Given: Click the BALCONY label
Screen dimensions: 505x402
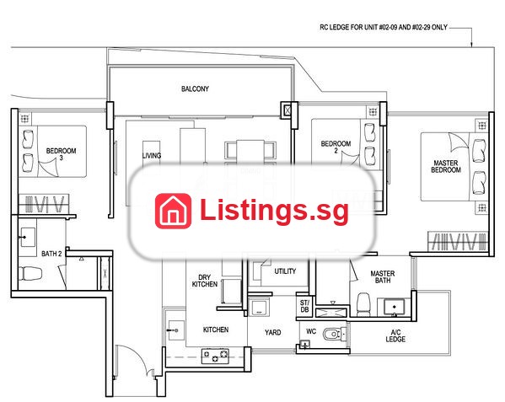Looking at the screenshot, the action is point(195,88).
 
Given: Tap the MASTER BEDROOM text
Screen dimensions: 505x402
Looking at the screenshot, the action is point(446,166).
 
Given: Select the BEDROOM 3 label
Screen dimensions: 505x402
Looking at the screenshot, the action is point(62,154).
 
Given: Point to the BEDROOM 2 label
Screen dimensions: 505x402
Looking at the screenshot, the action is point(336,147).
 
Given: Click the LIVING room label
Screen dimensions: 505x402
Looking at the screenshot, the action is point(152,155).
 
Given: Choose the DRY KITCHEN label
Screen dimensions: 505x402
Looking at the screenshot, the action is point(205,281).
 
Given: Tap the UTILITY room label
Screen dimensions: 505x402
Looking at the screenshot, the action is point(285,271).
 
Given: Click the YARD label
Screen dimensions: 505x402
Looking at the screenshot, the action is point(273,332).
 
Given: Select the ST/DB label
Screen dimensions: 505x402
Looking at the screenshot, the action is point(304,306).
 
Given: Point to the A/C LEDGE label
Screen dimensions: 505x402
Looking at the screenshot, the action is point(395,335).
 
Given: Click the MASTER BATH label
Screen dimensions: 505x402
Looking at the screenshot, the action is point(383,276).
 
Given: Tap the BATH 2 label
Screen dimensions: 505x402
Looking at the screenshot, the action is point(51,254).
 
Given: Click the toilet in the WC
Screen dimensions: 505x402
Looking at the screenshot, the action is point(334,335).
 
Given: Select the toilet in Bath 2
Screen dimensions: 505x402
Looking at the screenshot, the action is point(30,273).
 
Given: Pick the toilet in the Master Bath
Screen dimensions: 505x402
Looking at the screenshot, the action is point(364,304).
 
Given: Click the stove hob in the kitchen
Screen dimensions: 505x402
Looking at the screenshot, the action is point(215,356).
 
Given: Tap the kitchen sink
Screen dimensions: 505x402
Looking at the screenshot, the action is point(175,330).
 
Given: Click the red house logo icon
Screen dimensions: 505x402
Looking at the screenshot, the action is point(174,211).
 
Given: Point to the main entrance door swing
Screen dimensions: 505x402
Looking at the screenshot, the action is point(135,359).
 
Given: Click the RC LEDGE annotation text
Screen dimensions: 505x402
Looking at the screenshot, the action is point(384,27).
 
